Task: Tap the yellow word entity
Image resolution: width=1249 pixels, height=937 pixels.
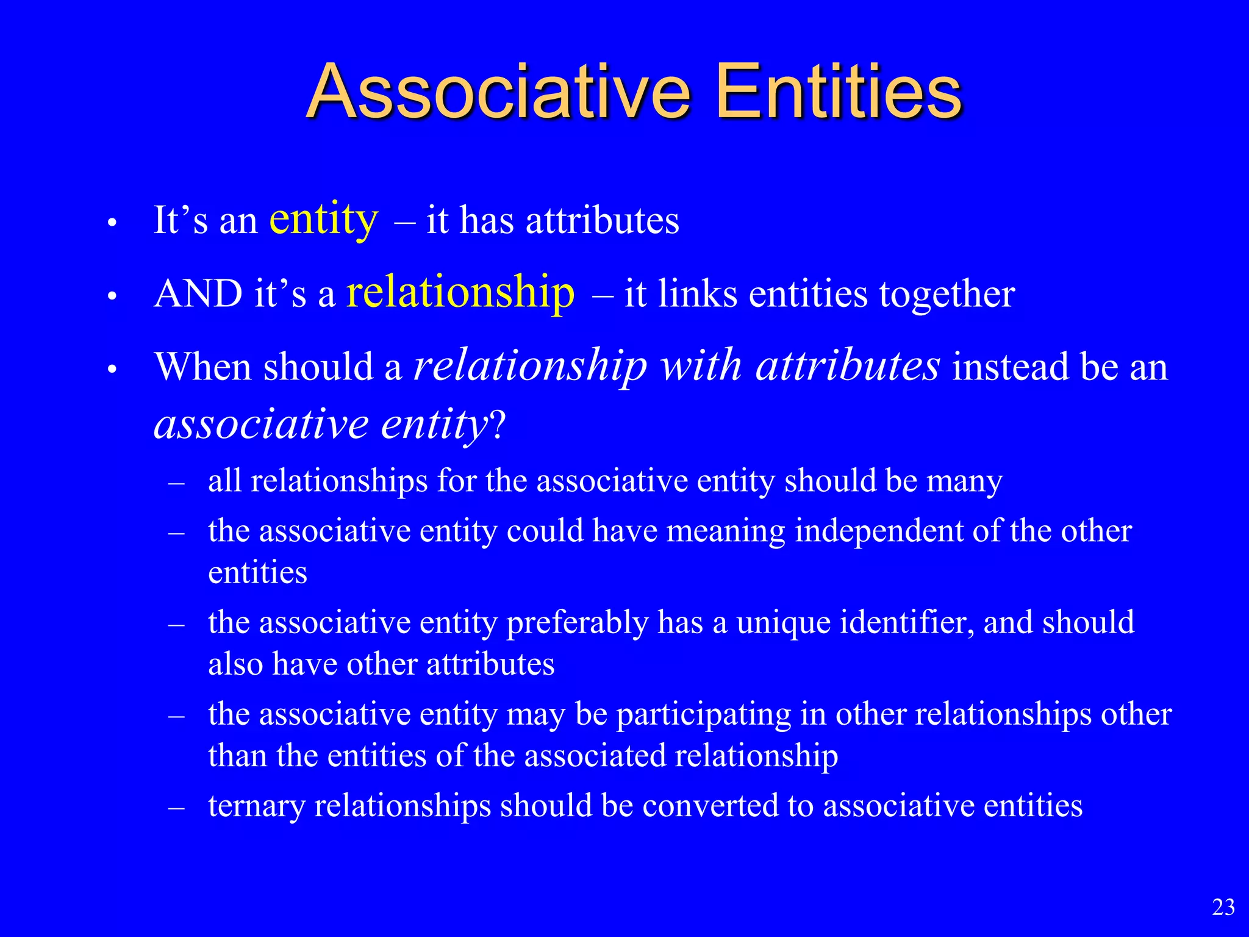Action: coord(324,220)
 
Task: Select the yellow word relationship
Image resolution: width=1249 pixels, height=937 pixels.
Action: coord(460,293)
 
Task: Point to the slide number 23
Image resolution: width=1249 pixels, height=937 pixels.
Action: coord(1223,908)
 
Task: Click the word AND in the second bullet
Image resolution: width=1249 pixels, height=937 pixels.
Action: coord(198,294)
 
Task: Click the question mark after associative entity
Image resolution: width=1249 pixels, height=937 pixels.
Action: coord(498,425)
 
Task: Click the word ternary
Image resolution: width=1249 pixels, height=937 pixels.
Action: coord(256,806)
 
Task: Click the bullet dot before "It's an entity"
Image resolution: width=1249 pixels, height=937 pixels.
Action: coord(112,223)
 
